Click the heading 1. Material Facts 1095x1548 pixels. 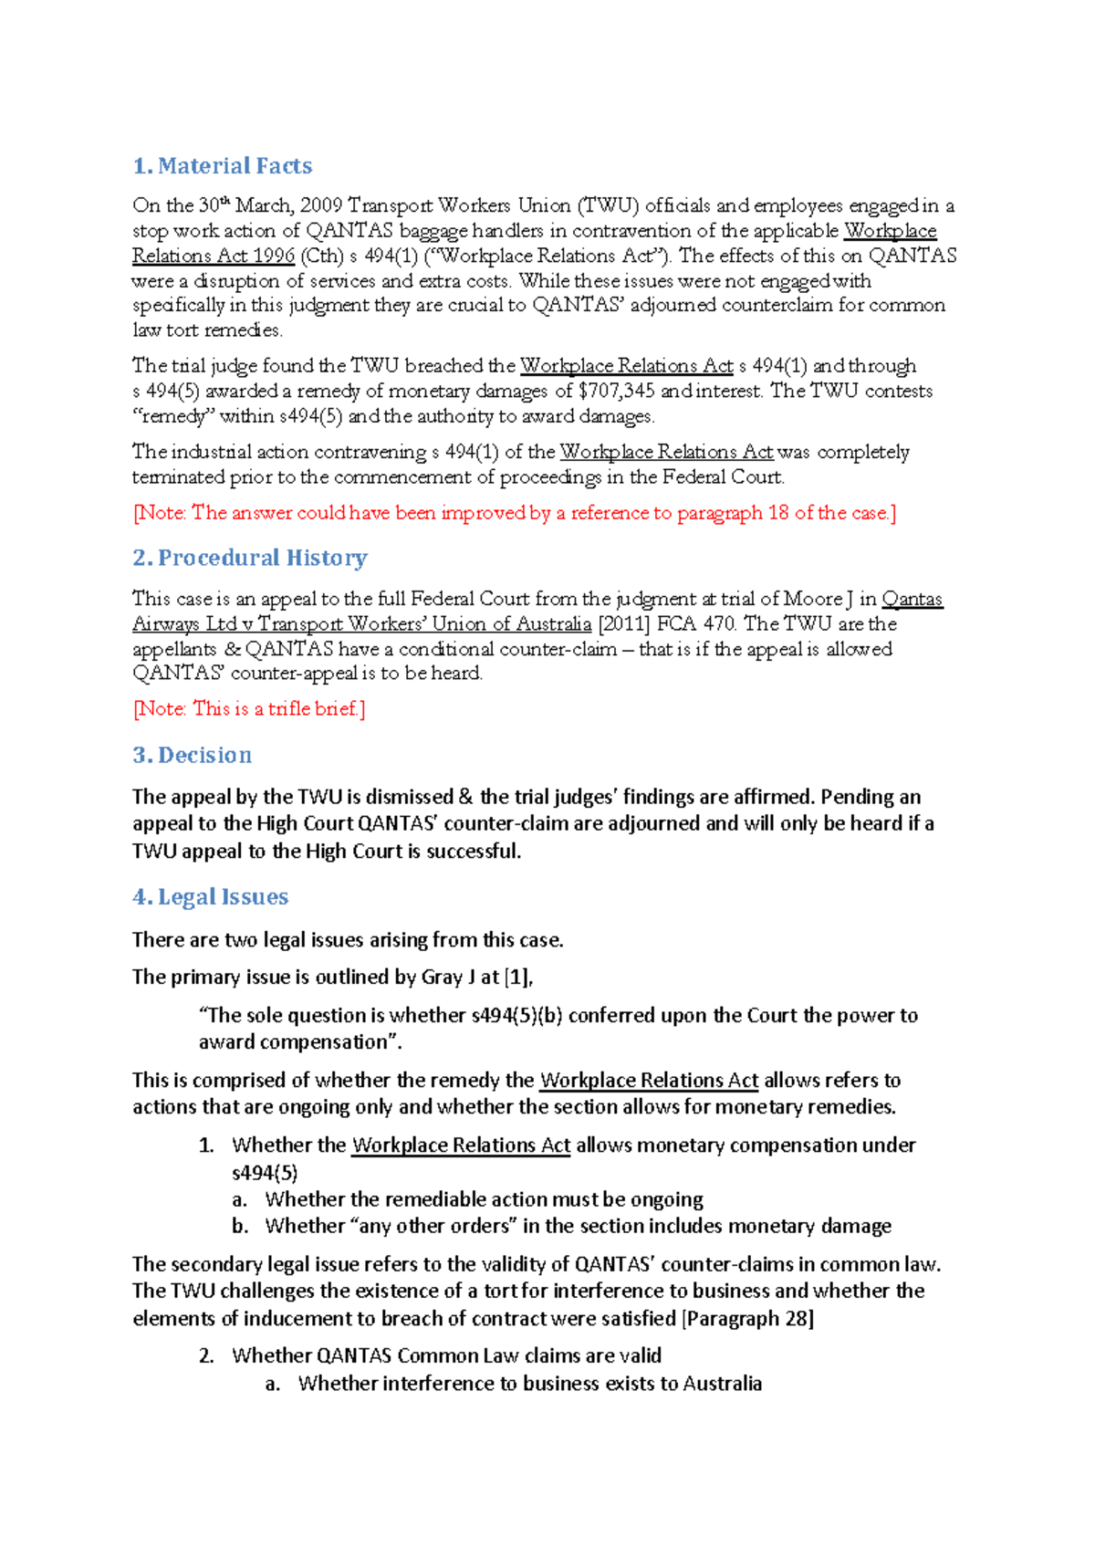coord(223,166)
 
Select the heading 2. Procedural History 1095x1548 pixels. coord(250,558)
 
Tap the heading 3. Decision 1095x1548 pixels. coord(193,755)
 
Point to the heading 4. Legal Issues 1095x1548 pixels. coord(211,897)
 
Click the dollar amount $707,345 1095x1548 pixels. coord(617,392)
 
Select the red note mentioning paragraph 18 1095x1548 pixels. coord(515,513)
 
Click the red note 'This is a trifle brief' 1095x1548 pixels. coord(249,708)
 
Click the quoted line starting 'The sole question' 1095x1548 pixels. coord(558,1016)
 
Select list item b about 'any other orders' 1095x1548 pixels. coord(578,1226)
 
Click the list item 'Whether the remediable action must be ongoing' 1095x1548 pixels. coord(484,1199)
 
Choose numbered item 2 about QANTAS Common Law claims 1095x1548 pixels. coord(446,1356)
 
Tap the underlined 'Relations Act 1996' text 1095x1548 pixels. coord(214,256)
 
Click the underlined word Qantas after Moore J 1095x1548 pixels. coord(912,600)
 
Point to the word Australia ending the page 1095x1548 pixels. coord(722,1384)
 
